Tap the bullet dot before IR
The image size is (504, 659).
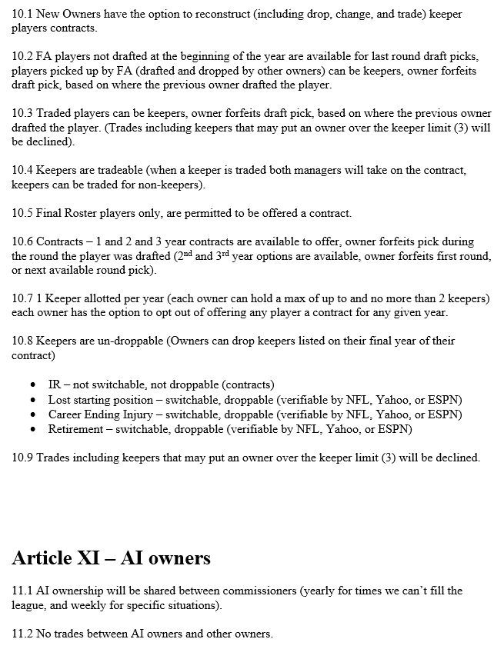coord(32,384)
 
